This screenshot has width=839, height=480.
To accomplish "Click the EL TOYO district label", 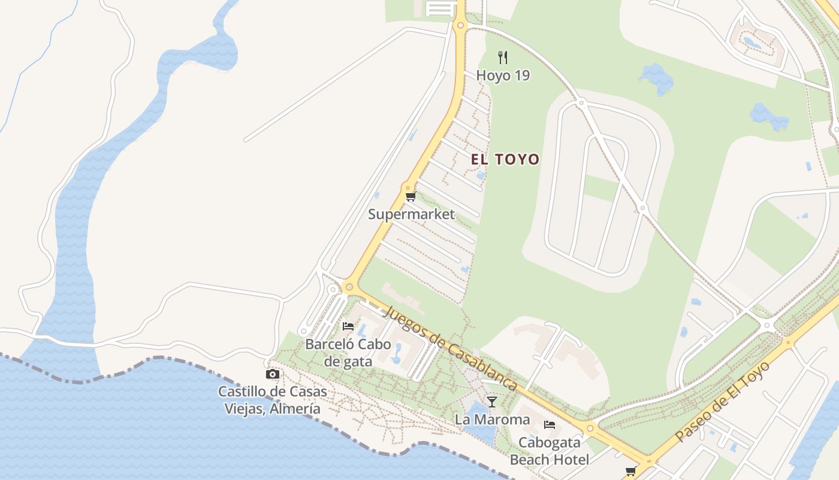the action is (505, 159).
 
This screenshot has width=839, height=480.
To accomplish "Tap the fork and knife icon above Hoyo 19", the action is (503, 58).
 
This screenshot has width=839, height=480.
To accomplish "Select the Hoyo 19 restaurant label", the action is (503, 76).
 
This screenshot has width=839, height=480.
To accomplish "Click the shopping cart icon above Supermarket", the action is (411, 196).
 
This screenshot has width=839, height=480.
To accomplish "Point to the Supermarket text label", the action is (411, 214).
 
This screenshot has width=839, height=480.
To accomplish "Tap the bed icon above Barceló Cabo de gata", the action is (348, 326).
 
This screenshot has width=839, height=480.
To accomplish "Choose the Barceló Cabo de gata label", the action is (348, 352).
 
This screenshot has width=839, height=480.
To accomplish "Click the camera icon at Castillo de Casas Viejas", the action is (273, 374).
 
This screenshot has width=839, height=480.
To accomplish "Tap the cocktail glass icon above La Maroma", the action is (492, 401).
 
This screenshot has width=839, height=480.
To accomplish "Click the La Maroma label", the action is (492, 419).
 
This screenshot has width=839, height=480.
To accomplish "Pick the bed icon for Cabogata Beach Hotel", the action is (550, 425).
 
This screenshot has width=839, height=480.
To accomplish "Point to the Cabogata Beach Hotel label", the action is (550, 451).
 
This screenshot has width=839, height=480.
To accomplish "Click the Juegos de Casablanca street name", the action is (449, 348).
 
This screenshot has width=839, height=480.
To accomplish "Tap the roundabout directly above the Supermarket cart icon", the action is (408, 187).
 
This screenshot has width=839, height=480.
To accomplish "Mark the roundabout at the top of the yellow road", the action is (460, 25).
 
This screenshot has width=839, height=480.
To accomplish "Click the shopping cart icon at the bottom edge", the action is (630, 472).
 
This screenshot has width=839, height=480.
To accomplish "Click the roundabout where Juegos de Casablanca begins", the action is (349, 288).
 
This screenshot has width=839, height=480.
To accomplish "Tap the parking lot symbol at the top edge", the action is (440, 8).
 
